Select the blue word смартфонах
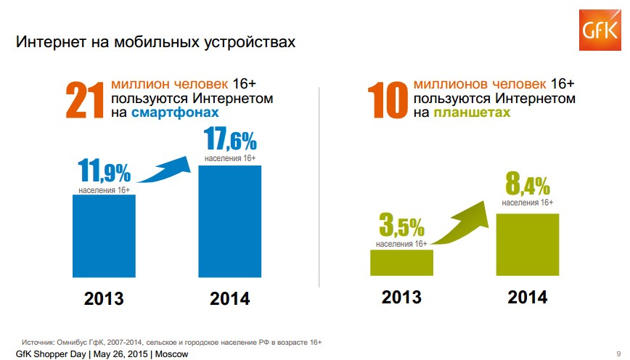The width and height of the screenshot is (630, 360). [175, 113]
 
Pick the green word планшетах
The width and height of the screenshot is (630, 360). [472, 113]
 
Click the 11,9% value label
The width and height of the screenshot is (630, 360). [104, 172]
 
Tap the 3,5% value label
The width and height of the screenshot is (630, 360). [401, 228]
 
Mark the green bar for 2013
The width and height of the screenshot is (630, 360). [401, 262]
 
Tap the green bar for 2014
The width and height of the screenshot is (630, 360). [527, 244]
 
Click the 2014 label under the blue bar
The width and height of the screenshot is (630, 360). [229, 298]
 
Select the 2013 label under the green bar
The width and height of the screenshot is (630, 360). [401, 297]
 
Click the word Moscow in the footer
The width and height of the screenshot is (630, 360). [171, 354]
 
